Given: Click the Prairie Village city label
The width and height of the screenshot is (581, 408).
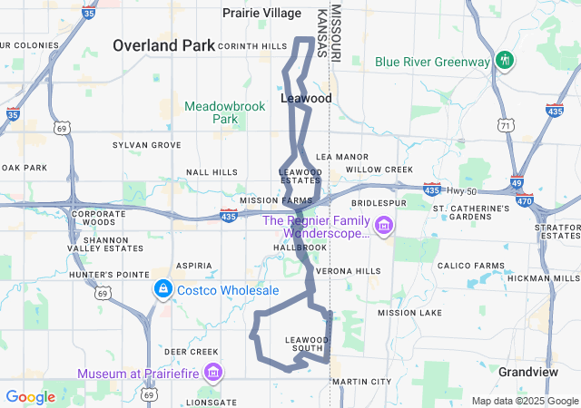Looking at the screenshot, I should point(262,13).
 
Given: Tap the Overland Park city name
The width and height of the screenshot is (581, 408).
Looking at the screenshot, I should point(163,44).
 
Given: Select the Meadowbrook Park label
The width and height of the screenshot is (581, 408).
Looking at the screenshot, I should point(225,112).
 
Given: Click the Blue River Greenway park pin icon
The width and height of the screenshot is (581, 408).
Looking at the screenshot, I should point(507,62).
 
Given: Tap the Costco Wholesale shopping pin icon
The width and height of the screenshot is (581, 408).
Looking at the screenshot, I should point(162,289).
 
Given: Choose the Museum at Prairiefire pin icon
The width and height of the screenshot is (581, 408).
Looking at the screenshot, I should point(213,373).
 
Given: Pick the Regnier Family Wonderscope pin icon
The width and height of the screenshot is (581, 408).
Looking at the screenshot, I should point(384,224).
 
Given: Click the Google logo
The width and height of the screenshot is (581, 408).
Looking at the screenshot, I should point(30,397).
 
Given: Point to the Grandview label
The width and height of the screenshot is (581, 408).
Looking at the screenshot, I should point(527,372).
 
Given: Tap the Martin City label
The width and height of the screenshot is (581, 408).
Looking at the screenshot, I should point(361,382).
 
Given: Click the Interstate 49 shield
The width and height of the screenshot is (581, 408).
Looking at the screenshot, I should point(516,182).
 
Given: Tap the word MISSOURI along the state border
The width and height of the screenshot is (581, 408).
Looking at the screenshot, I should point(336,33).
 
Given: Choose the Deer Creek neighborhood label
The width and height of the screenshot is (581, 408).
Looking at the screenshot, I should point(192,352).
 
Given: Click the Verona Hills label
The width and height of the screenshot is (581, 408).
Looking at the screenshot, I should point(349,271).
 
